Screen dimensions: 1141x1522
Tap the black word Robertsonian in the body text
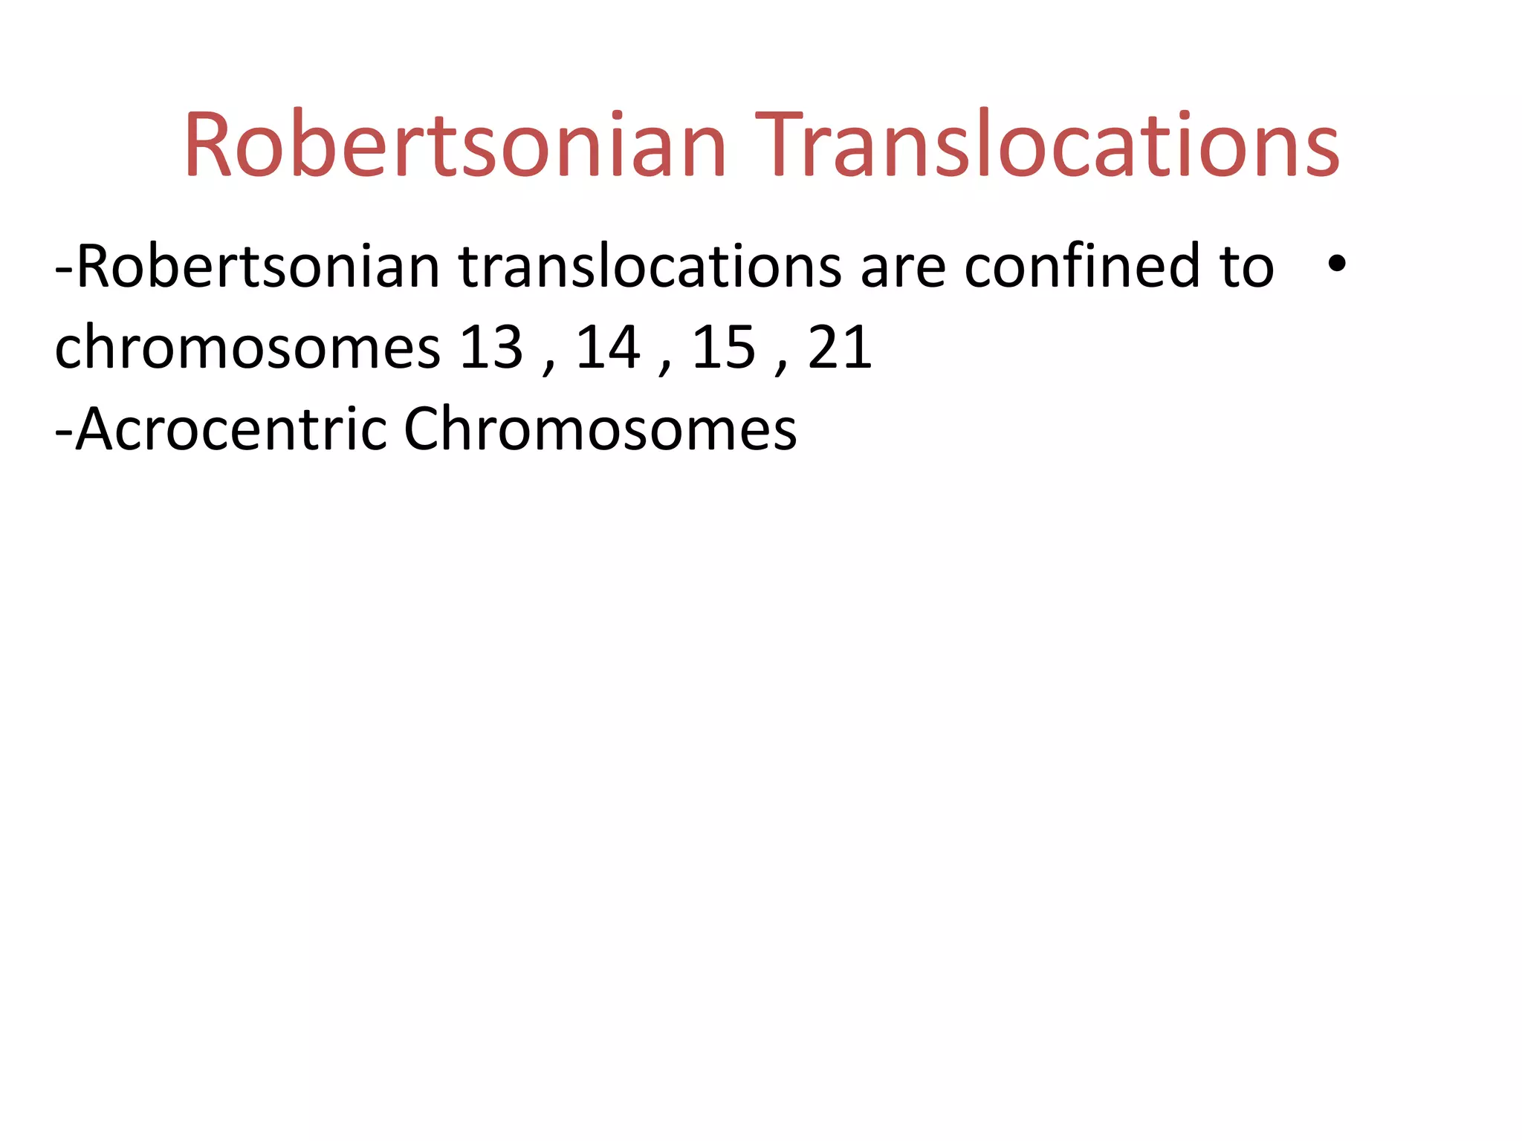258,267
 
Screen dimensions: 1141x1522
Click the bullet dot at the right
1336,264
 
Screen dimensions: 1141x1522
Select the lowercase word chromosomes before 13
247,348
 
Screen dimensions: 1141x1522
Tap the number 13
491,347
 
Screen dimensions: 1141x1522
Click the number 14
608,347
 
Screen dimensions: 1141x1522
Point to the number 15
724,347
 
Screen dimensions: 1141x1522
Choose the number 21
840,347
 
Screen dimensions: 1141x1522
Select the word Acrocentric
231,429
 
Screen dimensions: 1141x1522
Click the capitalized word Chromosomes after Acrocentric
600,429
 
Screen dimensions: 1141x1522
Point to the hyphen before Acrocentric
64,433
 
